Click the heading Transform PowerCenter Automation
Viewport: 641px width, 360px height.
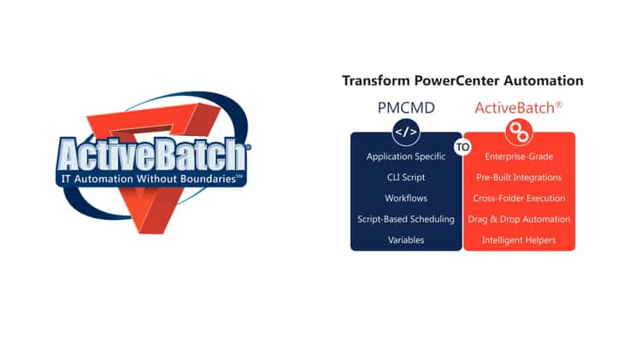coord(462,81)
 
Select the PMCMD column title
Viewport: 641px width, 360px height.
coord(406,109)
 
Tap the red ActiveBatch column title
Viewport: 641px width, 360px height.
coord(519,109)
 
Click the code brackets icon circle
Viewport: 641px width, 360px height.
coord(406,132)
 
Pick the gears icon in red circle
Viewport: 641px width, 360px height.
coord(519,132)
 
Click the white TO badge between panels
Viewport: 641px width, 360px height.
coord(462,147)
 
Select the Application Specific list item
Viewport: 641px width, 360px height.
coord(406,156)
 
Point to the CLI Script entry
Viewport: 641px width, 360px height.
coord(406,178)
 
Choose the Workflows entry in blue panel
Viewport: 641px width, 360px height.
coord(406,198)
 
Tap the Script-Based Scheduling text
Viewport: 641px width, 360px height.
coord(406,220)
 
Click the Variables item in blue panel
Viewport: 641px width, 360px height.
coord(406,240)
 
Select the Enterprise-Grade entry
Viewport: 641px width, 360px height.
coord(519,156)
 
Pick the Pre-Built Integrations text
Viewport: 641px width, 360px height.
coord(519,178)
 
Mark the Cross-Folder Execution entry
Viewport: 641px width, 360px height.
coord(519,198)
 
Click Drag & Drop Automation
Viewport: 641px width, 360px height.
coord(519,220)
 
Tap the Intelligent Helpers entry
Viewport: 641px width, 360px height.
coord(519,240)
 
